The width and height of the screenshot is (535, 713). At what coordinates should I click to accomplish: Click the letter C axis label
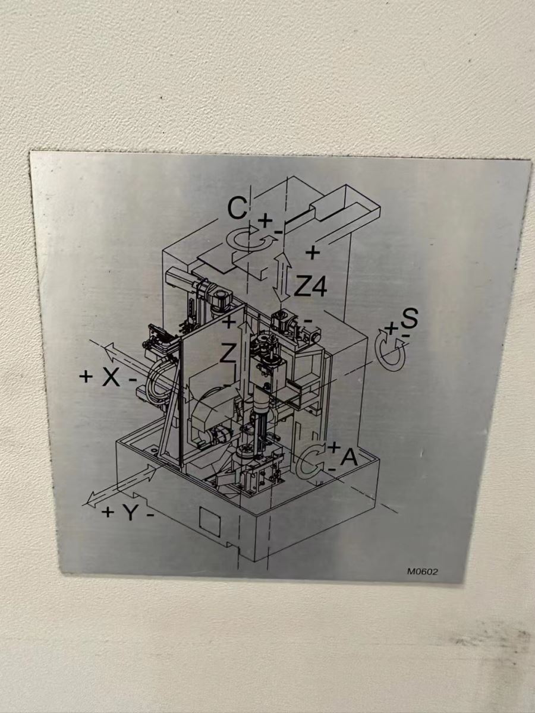pyautogui.click(x=237, y=209)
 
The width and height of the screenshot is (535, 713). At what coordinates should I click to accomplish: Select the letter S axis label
pyautogui.click(x=409, y=318)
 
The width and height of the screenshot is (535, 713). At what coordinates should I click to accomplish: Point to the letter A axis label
pyautogui.click(x=348, y=458)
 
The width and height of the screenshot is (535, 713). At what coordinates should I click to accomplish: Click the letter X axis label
pyautogui.click(x=111, y=378)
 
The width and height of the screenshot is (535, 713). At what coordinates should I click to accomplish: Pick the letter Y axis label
pyautogui.click(x=131, y=513)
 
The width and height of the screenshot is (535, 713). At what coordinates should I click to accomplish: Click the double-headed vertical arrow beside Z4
pyautogui.click(x=281, y=277)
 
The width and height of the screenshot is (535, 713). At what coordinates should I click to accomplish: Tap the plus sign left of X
pyautogui.click(x=86, y=377)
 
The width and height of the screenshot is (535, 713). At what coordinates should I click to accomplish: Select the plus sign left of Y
pyautogui.click(x=108, y=512)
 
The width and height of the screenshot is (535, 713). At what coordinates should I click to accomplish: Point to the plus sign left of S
pyautogui.click(x=392, y=328)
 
